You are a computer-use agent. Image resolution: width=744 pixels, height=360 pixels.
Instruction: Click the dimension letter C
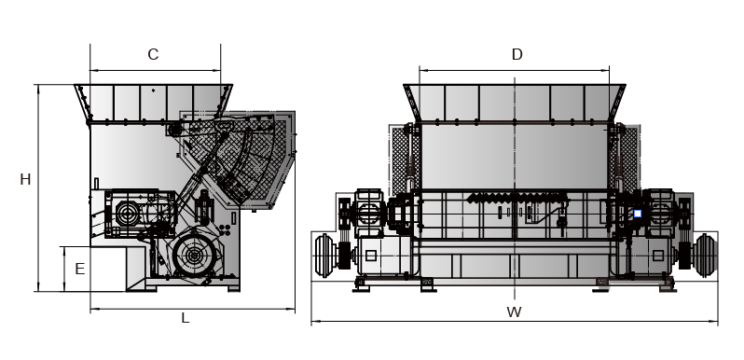[x=153, y=55]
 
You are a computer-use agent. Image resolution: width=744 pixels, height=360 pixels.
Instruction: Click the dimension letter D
[x=517, y=55]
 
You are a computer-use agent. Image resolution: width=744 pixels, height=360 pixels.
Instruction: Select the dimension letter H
[x=25, y=179]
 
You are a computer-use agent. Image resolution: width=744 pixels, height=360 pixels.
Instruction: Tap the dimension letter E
[x=80, y=269]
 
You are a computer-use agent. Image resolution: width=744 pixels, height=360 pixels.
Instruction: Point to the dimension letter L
[x=186, y=318]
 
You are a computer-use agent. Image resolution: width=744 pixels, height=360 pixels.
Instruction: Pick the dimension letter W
[x=514, y=312]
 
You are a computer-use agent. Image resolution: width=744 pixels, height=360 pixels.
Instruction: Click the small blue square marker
[x=638, y=214]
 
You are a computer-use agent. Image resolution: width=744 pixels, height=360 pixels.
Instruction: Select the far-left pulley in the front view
[x=324, y=256]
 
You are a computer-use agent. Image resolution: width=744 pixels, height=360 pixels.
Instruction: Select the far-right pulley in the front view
[x=706, y=256]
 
